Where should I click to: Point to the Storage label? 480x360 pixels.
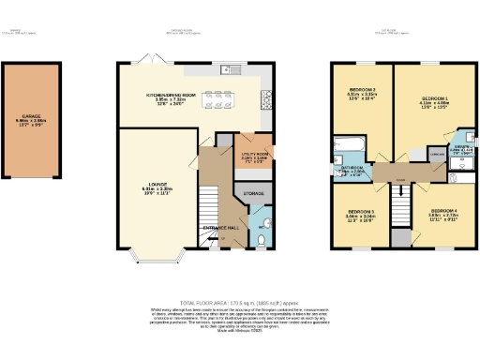tap(253, 194)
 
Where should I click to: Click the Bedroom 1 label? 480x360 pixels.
tap(434, 100)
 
